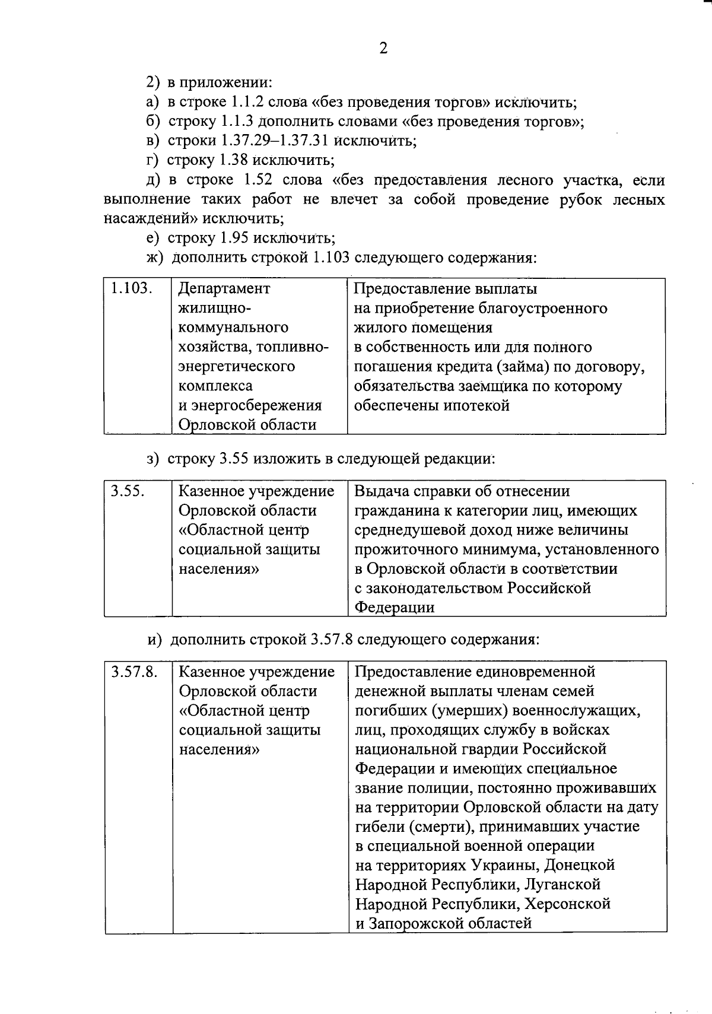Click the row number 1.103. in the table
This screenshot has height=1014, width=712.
click(132, 288)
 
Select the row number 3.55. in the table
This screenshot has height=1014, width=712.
click(129, 491)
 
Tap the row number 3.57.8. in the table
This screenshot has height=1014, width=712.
click(135, 672)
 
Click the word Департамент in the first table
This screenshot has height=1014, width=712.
click(224, 288)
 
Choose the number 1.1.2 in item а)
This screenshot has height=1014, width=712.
click(241, 102)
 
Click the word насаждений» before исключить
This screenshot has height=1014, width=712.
click(150, 219)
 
